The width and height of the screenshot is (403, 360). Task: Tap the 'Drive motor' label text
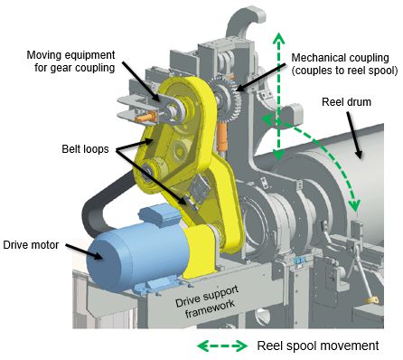pyautogui.click(x=31, y=244)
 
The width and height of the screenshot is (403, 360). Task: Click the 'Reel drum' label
pyautogui.click(x=346, y=102)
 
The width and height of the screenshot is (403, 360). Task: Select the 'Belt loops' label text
pyautogui.click(x=85, y=149)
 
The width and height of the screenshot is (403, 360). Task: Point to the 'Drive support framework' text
pyautogui.click(x=208, y=301)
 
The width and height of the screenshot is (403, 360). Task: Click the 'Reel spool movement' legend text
pyautogui.click(x=318, y=346)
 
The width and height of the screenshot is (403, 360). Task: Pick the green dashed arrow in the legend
pyautogui.click(x=222, y=346)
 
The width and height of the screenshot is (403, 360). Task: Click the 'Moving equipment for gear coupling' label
pyautogui.click(x=71, y=62)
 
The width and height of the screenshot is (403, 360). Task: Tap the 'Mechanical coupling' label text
pyautogui.click(x=341, y=58)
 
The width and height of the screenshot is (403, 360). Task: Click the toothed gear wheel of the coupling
pyautogui.click(x=228, y=99)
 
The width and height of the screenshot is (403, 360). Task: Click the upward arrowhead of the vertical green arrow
pyautogui.click(x=278, y=38)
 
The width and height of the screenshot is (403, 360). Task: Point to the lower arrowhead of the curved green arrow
pyautogui.click(x=354, y=205)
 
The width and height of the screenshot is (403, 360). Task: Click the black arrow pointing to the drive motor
pyautogui.click(x=85, y=251)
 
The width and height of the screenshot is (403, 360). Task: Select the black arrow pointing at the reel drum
pyautogui.click(x=355, y=135)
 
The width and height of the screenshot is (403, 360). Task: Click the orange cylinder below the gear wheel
pyautogui.click(x=222, y=136)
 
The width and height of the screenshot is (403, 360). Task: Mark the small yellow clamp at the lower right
pyautogui.click(x=371, y=301)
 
